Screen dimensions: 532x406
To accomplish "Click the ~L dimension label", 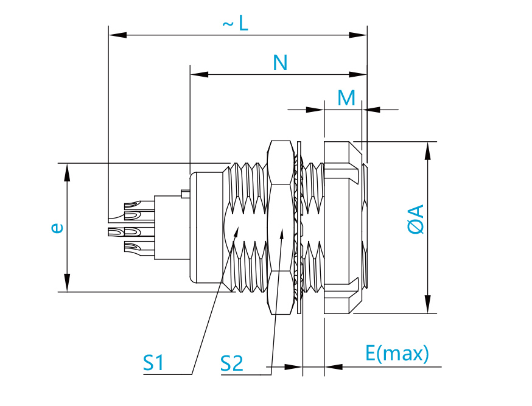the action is coord(236,24).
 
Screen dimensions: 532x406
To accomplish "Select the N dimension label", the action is coord(280,63).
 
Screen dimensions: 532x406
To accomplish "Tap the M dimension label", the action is coord(346,98).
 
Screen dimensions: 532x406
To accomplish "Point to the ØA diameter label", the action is coord(416,219).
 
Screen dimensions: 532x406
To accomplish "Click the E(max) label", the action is coord(397,354).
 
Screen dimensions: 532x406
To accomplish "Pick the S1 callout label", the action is coord(153,363).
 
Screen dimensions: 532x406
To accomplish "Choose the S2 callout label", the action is coord(232,363).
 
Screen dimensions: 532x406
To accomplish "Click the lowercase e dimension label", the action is coord(57,228).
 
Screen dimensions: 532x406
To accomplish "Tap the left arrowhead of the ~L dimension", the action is coord(117,35).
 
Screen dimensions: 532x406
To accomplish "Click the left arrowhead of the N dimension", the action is coord(199,74).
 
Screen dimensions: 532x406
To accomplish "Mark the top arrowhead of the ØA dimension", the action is coord(428,150).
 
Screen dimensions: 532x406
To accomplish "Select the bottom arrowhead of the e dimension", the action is coord(68,282).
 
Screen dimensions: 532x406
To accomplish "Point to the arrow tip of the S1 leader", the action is coord(239,227).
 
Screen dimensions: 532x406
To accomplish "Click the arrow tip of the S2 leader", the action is coord(282,229).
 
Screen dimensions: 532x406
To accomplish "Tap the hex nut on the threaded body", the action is coord(280,227).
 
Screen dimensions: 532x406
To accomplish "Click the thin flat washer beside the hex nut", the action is coord(299,227).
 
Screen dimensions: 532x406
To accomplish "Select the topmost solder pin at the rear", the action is coord(139,205).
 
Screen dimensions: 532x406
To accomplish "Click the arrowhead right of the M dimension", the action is coord(371,110).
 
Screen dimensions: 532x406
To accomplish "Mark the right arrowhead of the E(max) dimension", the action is coord(334,366).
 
